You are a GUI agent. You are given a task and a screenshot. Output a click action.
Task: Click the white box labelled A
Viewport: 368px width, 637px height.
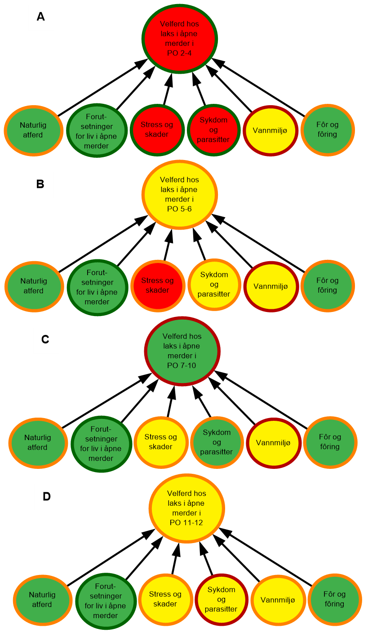coord(41,18)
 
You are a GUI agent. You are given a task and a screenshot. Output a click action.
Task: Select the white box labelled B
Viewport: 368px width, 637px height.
coord(40,185)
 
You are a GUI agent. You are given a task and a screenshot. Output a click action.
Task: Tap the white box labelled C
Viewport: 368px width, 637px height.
coord(46,340)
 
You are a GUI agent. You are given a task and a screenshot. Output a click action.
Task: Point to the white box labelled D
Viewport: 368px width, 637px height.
coord(47,497)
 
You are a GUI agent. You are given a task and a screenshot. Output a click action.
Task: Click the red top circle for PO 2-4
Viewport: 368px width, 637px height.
coord(180,39)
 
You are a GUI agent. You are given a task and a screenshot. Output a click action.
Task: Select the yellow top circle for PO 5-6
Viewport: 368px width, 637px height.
coord(180,195)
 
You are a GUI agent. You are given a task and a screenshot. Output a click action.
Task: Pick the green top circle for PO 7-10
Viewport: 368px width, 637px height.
coord(182,351)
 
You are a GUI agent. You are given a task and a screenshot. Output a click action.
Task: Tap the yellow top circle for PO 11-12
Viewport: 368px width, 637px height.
coord(186,508)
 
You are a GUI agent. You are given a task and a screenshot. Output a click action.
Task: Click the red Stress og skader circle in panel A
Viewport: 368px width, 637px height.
coord(157,130)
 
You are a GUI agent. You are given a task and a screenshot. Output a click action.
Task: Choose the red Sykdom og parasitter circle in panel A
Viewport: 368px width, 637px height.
coord(213,130)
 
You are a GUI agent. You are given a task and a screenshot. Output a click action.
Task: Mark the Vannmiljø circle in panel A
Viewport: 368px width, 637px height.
coord(271,131)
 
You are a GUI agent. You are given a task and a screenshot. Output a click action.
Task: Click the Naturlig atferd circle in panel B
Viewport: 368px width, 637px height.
coord(34,286)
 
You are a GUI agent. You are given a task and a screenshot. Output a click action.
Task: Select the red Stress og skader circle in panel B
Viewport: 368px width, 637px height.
coord(158,285)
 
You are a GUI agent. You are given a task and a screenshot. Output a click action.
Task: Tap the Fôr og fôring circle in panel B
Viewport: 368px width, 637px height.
coord(328,285)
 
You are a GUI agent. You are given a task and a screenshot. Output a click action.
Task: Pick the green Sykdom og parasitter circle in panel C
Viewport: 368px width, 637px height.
coord(217,442)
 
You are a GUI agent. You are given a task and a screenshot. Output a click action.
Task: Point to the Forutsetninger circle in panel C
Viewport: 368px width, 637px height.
coord(101,444)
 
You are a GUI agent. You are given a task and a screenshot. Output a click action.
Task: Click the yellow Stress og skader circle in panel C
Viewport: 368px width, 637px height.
coord(161,442)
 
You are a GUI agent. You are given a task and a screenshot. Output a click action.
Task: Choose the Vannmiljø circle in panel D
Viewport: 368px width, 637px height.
coord(278,600)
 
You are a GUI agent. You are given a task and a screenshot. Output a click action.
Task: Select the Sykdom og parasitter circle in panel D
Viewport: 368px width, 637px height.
coord(222,600)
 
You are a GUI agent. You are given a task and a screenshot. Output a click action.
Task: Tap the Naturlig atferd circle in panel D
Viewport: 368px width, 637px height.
coord(42,600)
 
